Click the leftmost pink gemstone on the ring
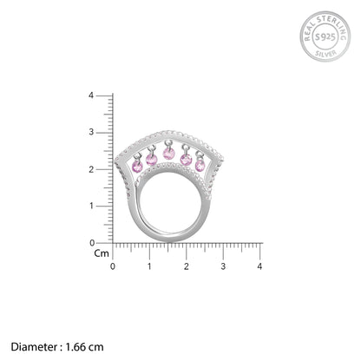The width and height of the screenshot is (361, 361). (x=137, y=167)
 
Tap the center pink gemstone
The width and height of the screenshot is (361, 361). (x=169, y=154)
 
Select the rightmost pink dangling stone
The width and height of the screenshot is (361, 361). (x=200, y=166)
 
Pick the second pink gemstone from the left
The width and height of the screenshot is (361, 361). (x=152, y=160)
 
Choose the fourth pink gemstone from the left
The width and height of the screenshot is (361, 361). (x=186, y=160)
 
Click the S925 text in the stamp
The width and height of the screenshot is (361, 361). (x=325, y=36)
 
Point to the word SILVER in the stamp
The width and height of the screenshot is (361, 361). (x=326, y=53)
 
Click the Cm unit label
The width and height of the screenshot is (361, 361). (x=102, y=253)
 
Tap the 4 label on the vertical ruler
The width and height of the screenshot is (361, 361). (x=91, y=95)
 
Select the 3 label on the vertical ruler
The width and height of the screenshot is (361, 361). (x=91, y=132)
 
